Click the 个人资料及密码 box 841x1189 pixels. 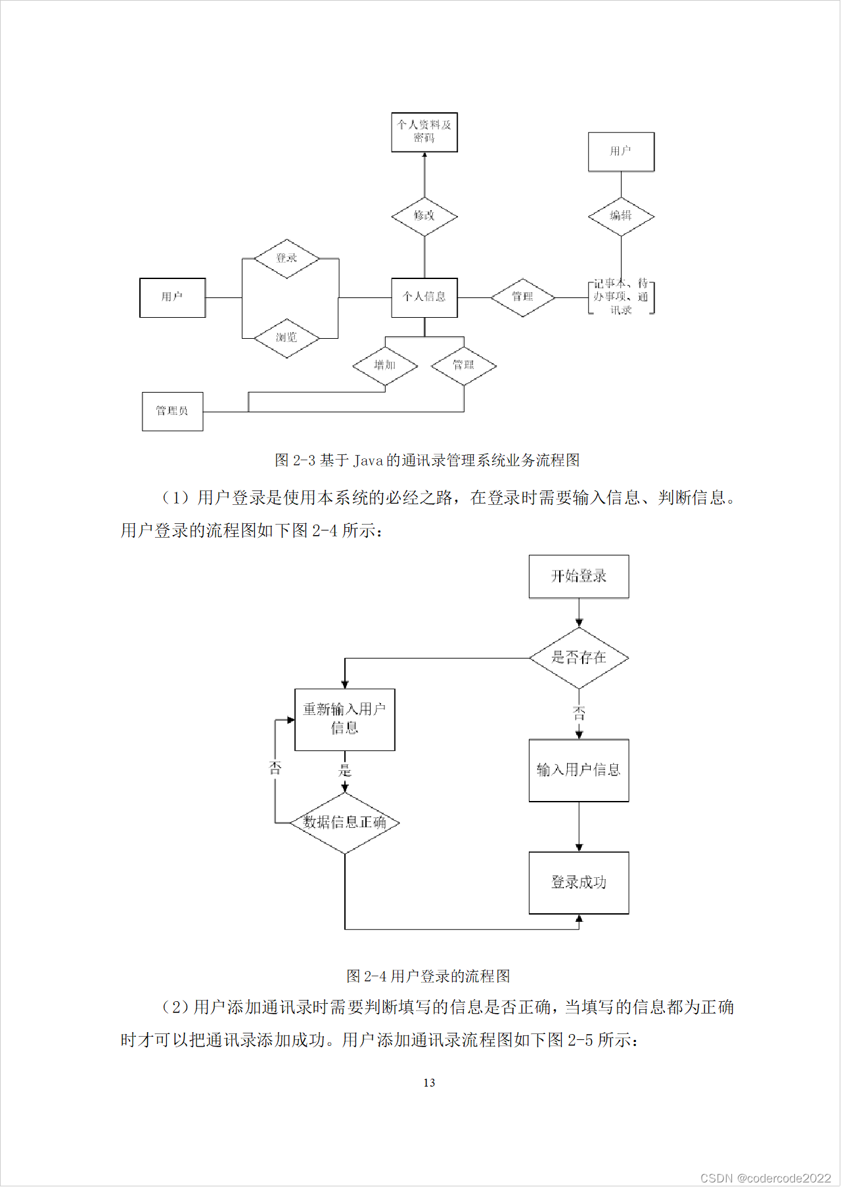[424, 132]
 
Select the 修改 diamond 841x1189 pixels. [424, 216]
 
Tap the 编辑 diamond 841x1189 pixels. [621, 216]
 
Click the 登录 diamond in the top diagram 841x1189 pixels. [286, 259]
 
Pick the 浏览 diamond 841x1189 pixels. [286, 338]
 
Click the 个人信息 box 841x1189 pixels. [424, 297]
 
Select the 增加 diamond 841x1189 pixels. [385, 366]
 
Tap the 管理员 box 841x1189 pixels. [172, 412]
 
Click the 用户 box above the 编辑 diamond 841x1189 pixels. [621, 152]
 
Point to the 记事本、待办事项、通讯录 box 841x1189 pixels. [621, 297]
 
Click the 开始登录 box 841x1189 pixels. [579, 576]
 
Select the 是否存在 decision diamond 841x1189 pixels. [579, 658]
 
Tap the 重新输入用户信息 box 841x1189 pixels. [345, 719]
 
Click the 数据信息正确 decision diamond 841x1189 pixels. [345, 823]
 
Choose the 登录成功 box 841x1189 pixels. [579, 882]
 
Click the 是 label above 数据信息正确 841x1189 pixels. [345, 771]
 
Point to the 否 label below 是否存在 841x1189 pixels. [579, 714]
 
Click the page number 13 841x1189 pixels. [429, 1083]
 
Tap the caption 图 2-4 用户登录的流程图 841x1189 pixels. [428, 976]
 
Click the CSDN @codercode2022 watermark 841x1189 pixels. [766, 1178]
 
